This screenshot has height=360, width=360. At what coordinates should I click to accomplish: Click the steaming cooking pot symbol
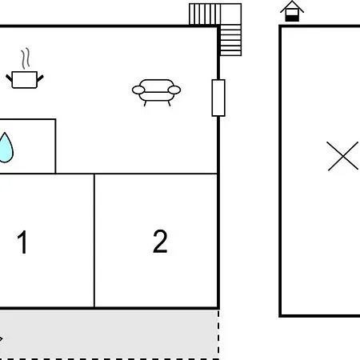point(25,69)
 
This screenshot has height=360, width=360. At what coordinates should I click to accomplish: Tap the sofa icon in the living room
point(157,92)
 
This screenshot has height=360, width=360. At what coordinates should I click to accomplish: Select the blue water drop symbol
point(6,147)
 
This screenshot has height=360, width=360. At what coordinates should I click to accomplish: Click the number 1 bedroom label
point(22,242)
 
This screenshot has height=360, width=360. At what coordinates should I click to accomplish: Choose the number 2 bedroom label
point(160,241)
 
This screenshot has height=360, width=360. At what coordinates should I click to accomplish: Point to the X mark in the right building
point(342,156)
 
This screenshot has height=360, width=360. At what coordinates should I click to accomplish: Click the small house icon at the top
point(292,11)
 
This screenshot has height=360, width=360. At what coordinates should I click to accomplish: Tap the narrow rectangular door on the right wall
point(218,98)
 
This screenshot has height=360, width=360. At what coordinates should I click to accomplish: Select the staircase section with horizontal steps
point(230,40)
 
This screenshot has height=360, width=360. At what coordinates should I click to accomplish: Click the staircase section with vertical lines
point(205,14)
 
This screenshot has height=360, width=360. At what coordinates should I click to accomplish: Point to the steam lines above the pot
point(26,58)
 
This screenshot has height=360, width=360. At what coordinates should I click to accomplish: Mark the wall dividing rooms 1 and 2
point(94,241)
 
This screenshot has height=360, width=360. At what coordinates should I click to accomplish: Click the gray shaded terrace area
point(110,334)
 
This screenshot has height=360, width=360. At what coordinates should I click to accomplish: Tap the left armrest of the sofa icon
point(138,90)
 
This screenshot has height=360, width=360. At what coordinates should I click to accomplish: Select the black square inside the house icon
point(292,18)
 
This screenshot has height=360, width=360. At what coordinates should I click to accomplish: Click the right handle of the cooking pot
point(40,78)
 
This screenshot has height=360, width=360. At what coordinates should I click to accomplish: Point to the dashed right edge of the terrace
point(218,334)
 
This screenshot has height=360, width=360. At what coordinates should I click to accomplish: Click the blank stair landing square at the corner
point(231,14)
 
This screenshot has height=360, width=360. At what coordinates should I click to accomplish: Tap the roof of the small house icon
point(292,6)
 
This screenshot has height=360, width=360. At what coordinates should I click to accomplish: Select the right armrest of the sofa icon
point(174,90)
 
